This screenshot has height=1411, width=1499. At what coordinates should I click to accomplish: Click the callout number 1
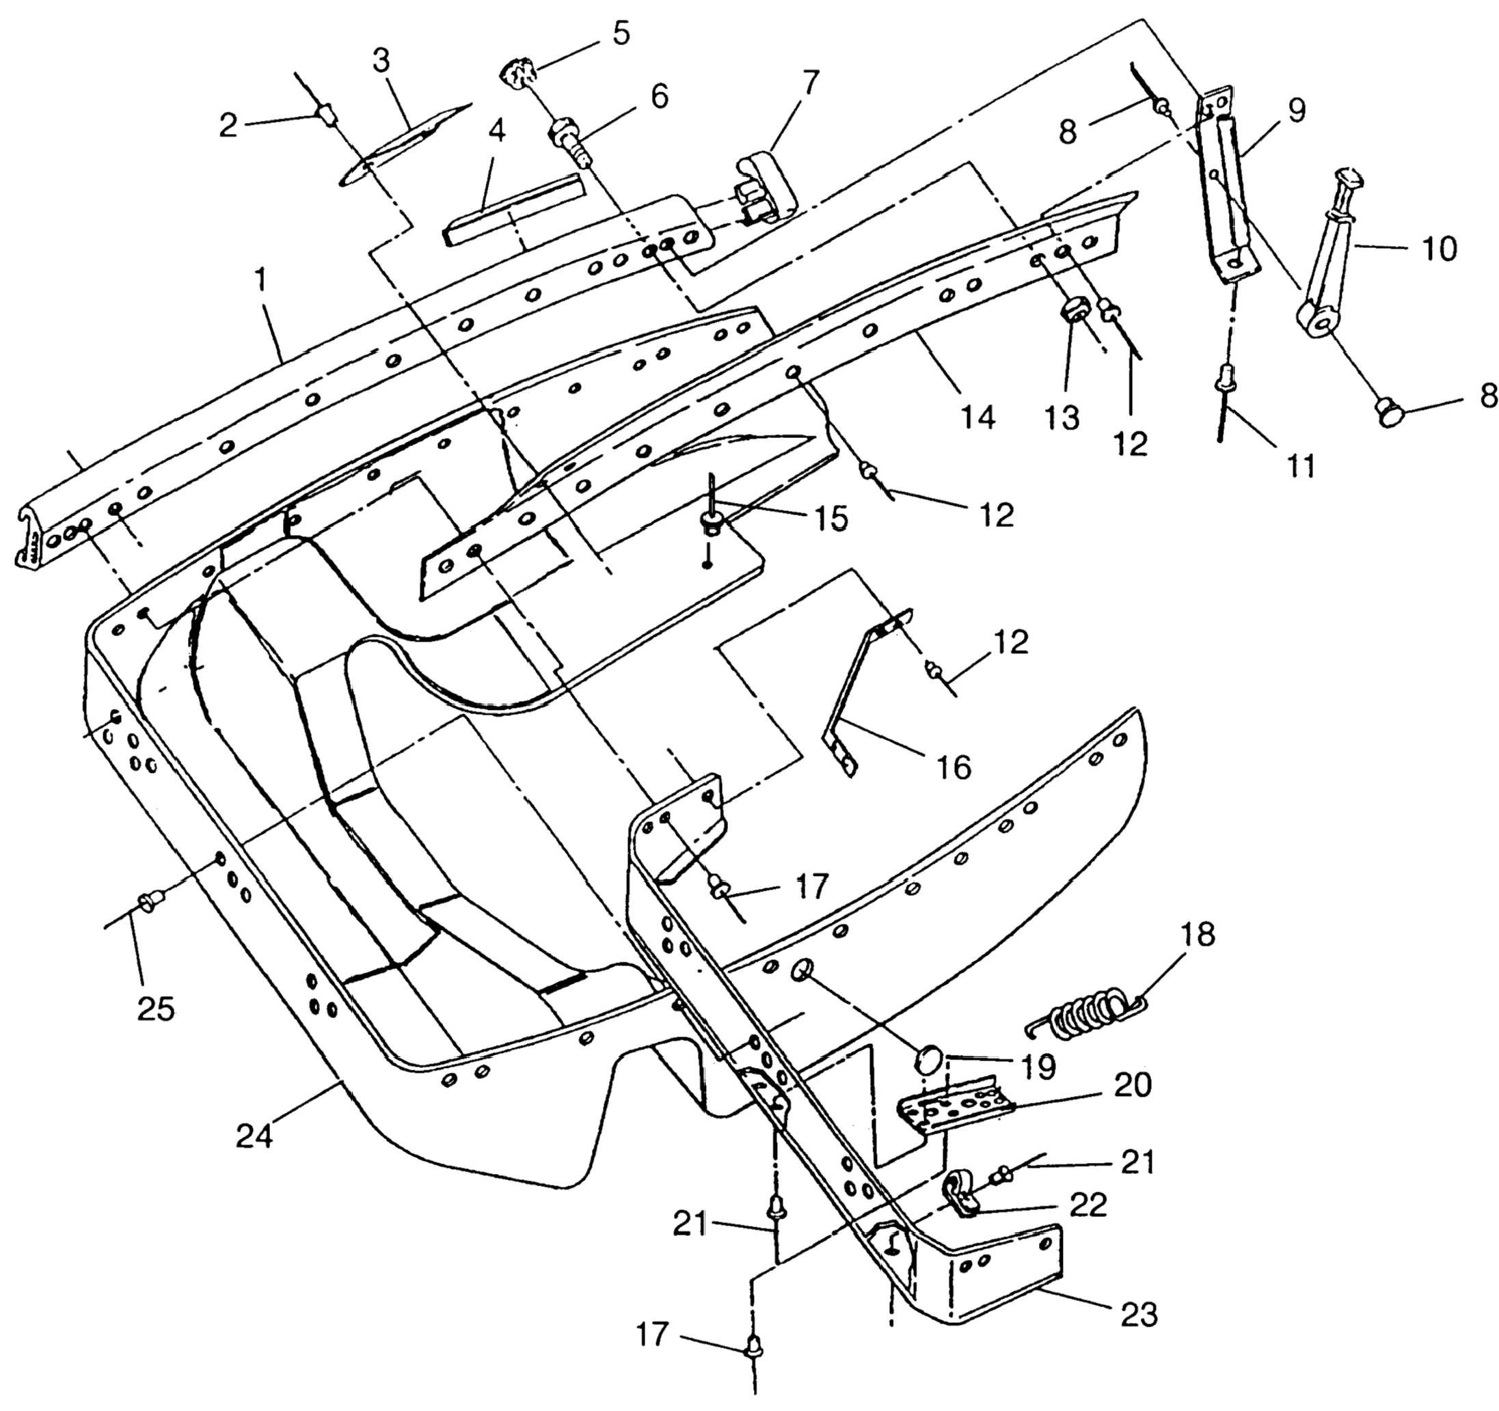pos(260,280)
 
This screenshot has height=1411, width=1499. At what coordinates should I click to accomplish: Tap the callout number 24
pos(254,1136)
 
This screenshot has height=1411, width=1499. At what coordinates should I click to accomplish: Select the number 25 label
pos(156,1008)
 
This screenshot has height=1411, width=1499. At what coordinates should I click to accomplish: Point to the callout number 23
pos(1138,1314)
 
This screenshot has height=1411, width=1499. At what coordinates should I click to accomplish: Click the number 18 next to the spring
pos(1200,935)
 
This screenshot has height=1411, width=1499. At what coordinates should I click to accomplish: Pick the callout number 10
pos(1440,248)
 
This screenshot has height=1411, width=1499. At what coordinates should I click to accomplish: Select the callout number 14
pos(978,416)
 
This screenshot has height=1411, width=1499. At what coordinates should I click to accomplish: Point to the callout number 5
pos(621,35)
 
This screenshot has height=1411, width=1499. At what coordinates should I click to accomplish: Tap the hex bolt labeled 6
pos(571,141)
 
